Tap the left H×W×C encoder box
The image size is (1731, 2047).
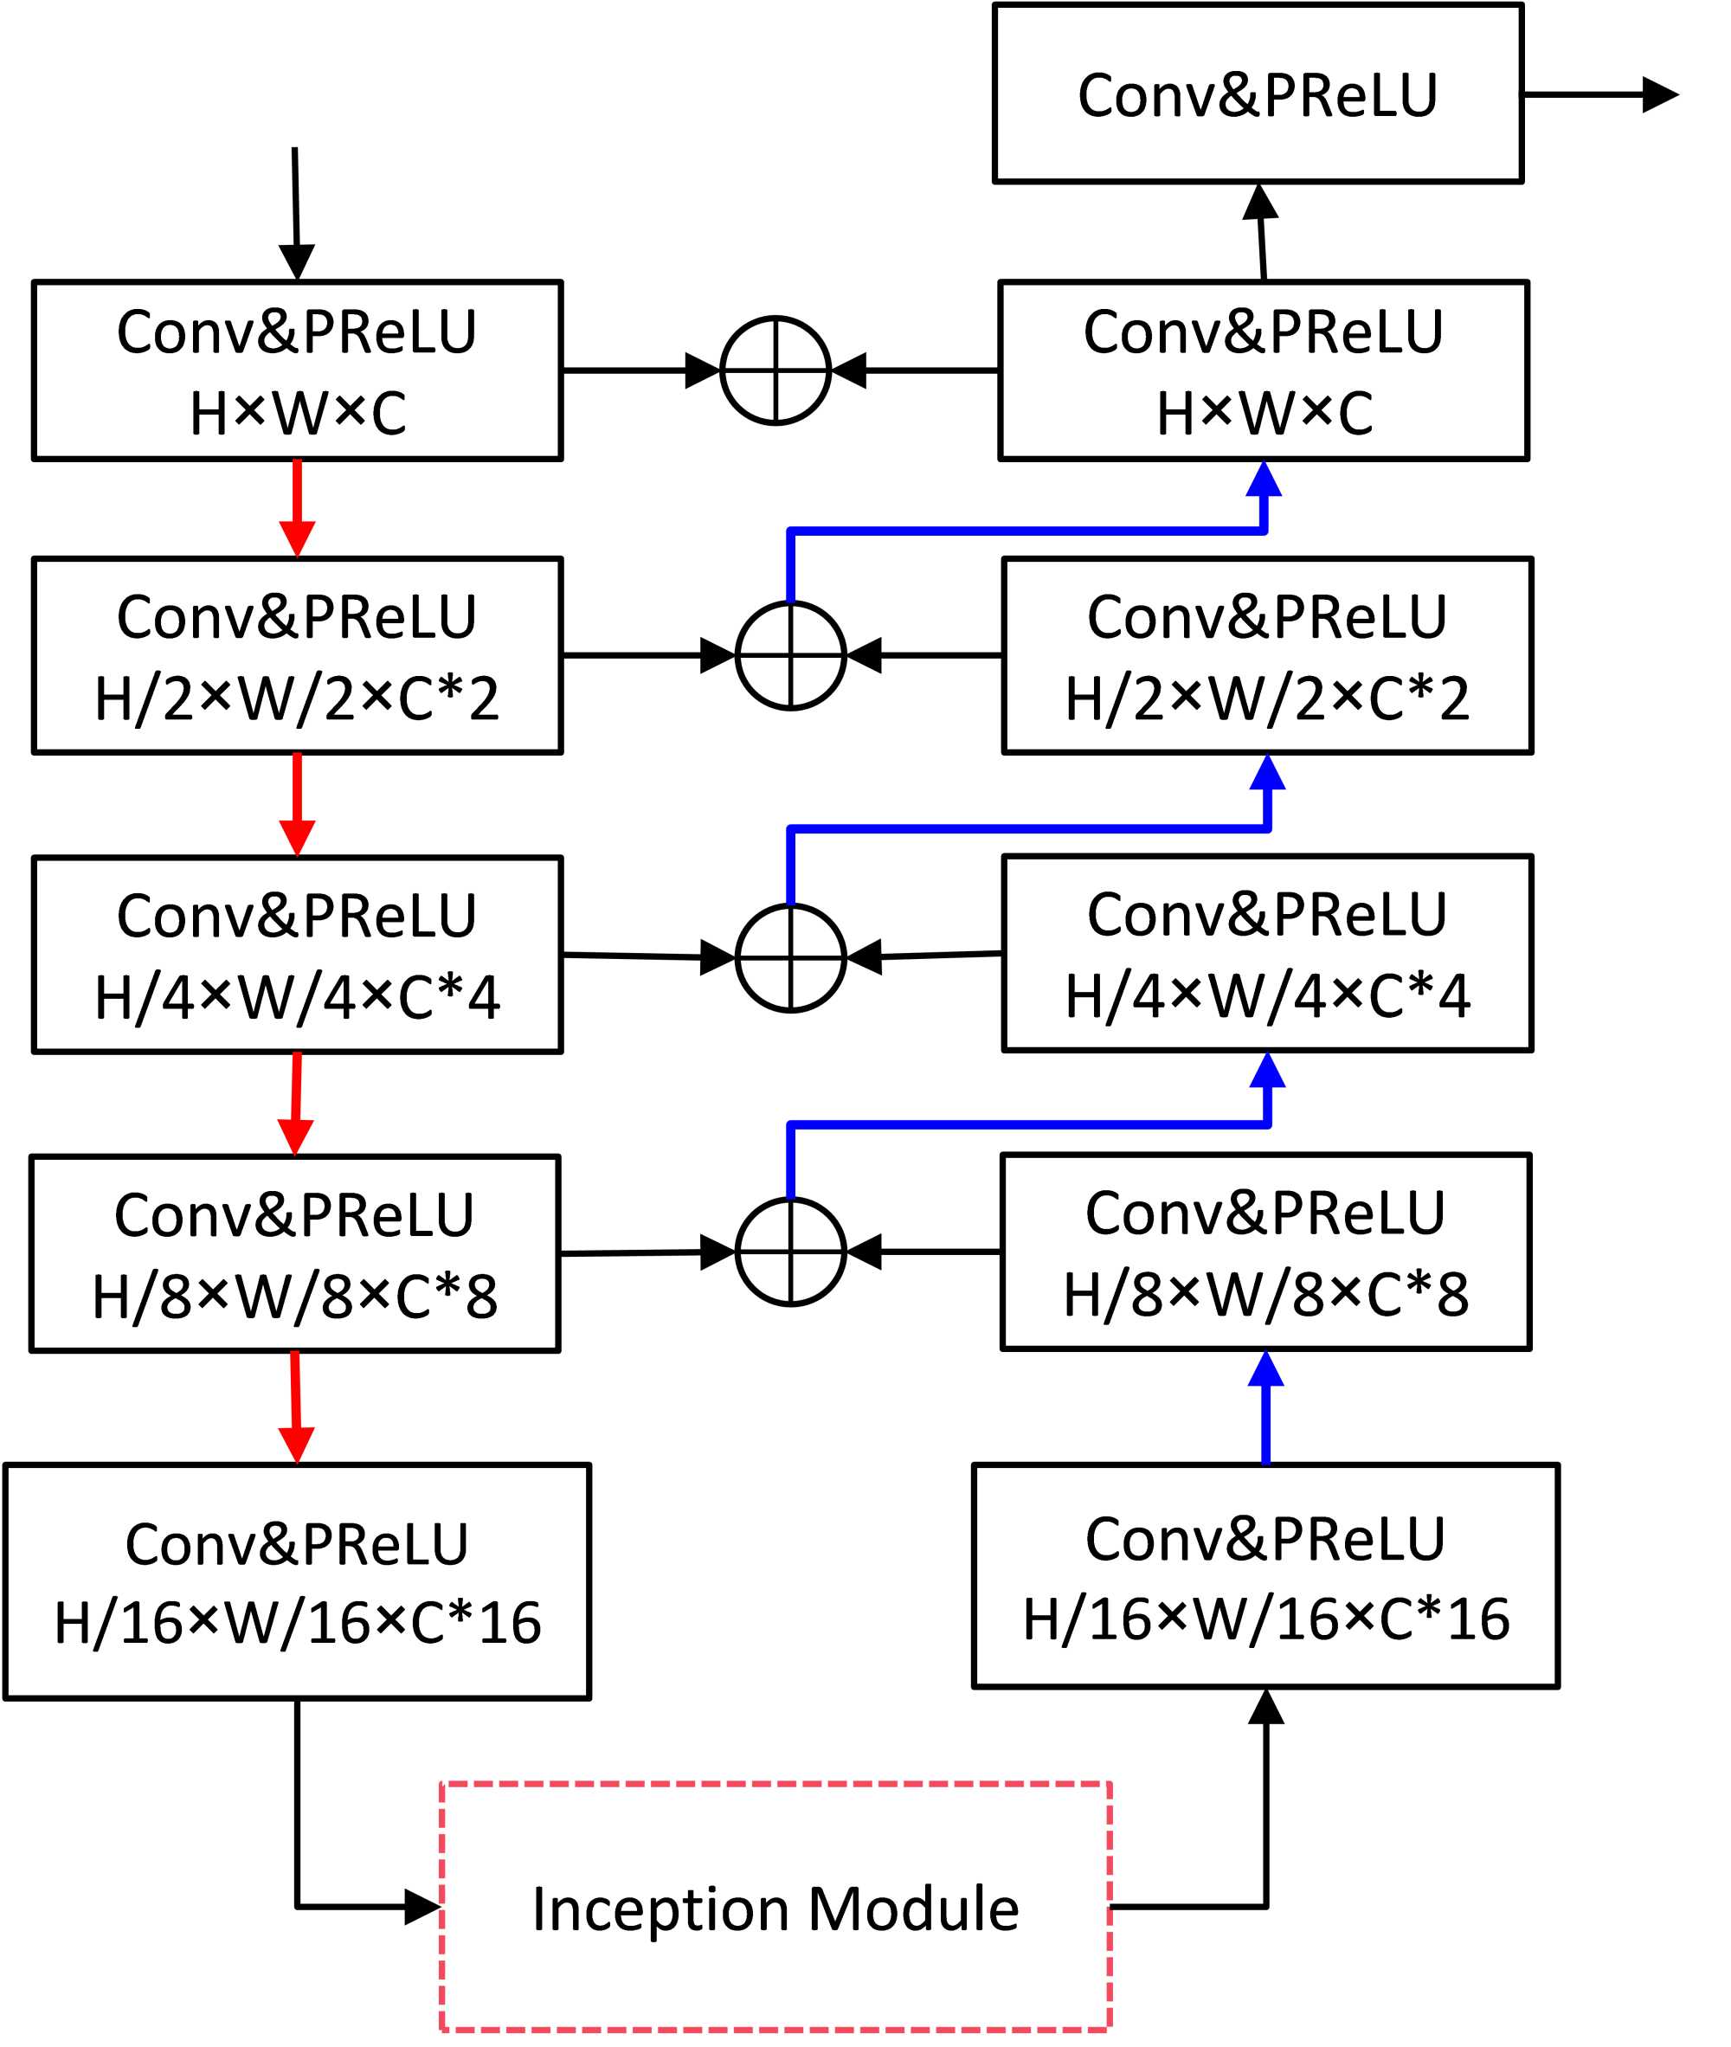(298, 371)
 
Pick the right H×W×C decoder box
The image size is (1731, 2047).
(1263, 371)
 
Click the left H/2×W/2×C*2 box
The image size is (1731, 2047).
(298, 655)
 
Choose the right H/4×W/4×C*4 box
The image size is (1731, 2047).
(1267, 953)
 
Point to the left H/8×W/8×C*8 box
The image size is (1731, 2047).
(295, 1253)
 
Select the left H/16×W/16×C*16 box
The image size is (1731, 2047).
(298, 1580)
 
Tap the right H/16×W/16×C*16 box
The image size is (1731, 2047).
(1264, 1576)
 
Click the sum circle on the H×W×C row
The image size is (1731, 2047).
(775, 371)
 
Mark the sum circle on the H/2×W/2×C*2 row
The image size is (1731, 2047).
(790, 655)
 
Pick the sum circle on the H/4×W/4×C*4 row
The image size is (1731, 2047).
(790, 958)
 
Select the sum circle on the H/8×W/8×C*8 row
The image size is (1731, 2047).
(790, 1252)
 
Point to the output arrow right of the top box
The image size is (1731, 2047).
(1599, 94)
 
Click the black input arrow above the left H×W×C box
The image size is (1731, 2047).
(295, 211)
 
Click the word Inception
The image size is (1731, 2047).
(660, 1909)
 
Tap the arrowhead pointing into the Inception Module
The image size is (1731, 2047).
(423, 1908)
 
